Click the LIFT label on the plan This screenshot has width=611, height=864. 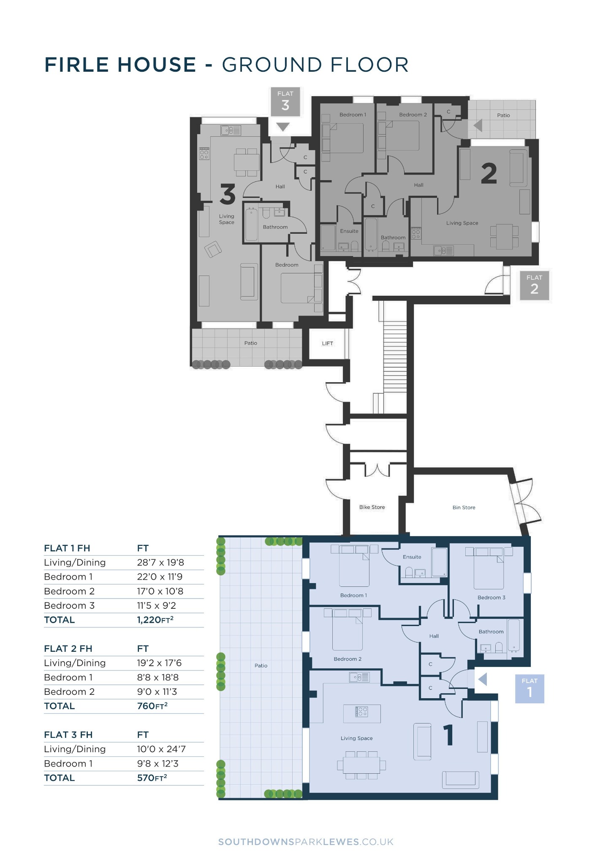[x=327, y=343]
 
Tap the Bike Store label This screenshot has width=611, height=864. [x=372, y=507]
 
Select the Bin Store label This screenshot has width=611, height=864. [x=464, y=508]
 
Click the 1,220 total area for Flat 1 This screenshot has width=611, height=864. [x=155, y=620]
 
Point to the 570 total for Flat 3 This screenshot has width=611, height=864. [x=152, y=778]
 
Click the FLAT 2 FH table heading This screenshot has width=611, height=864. [x=68, y=648]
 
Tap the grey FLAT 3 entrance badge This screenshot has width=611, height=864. [x=285, y=102]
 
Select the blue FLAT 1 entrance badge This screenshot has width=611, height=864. [x=530, y=689]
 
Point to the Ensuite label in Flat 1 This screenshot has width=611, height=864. [x=412, y=557]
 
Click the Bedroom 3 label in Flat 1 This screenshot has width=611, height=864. [x=491, y=597]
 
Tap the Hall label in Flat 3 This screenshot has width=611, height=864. [x=280, y=186]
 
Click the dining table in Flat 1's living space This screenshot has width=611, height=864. [x=361, y=765]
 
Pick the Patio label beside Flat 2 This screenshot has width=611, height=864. [x=503, y=115]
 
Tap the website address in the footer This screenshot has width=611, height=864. [x=306, y=842]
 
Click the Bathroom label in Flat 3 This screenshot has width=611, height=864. [x=275, y=227]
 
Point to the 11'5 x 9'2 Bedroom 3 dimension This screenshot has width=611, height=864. [x=156, y=605]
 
